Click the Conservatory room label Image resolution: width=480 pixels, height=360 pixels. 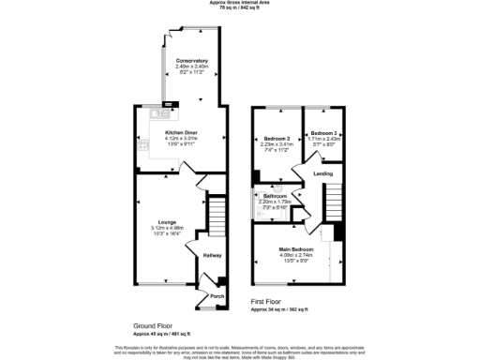pos(191,61)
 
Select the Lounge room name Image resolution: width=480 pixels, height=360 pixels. pos(165,222)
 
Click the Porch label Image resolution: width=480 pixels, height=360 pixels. pos(217,296)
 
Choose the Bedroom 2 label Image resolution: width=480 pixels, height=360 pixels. pos(277,139)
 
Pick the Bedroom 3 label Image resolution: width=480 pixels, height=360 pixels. pos(324,132)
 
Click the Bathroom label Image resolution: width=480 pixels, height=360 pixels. pos(275,196)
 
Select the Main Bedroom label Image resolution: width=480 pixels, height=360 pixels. pos(294,248)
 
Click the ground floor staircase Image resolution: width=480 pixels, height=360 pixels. pos(217,217)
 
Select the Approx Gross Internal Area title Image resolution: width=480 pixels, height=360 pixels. pos(240,4)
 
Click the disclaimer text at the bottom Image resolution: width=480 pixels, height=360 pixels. pos(240,352)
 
